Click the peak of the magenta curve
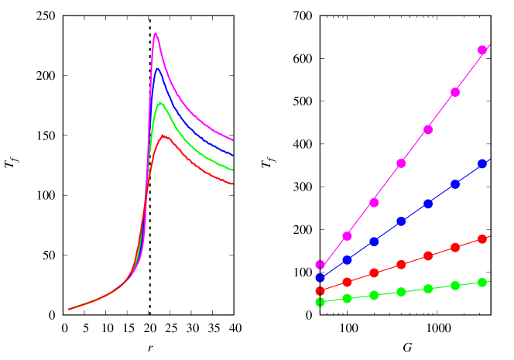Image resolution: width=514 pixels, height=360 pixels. pos(156,33)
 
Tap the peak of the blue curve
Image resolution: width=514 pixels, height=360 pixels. pos(157,69)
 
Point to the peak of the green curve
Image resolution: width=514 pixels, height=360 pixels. pos(160,103)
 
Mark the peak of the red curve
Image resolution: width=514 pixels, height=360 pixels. pos(164,135)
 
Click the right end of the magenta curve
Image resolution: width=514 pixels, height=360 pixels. pos(233,140)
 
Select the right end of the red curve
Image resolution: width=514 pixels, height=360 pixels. pos(233,184)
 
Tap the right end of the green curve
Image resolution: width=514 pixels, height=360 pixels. pos(233,170)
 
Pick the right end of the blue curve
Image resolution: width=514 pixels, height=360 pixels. pos(233,155)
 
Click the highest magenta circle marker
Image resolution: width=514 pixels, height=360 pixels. pos(482,50)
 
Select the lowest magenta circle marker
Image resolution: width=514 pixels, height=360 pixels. pos(320,265)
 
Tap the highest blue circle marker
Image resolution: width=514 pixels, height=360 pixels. pos(482,163)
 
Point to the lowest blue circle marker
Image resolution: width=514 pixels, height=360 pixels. pos(320,278)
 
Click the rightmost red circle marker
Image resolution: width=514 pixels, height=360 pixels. pos(482,239)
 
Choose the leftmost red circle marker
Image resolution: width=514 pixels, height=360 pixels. pos(320,291)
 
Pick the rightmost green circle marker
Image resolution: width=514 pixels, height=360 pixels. pos(482,283)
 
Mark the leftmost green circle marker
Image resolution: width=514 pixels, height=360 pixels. pos(320,302)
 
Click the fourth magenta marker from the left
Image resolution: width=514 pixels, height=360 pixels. pos(401,163)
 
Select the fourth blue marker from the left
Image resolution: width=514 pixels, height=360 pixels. pos(401,221)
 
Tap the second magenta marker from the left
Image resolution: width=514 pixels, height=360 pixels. pos(347,236)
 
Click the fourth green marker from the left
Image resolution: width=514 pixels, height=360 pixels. pos(401,292)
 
